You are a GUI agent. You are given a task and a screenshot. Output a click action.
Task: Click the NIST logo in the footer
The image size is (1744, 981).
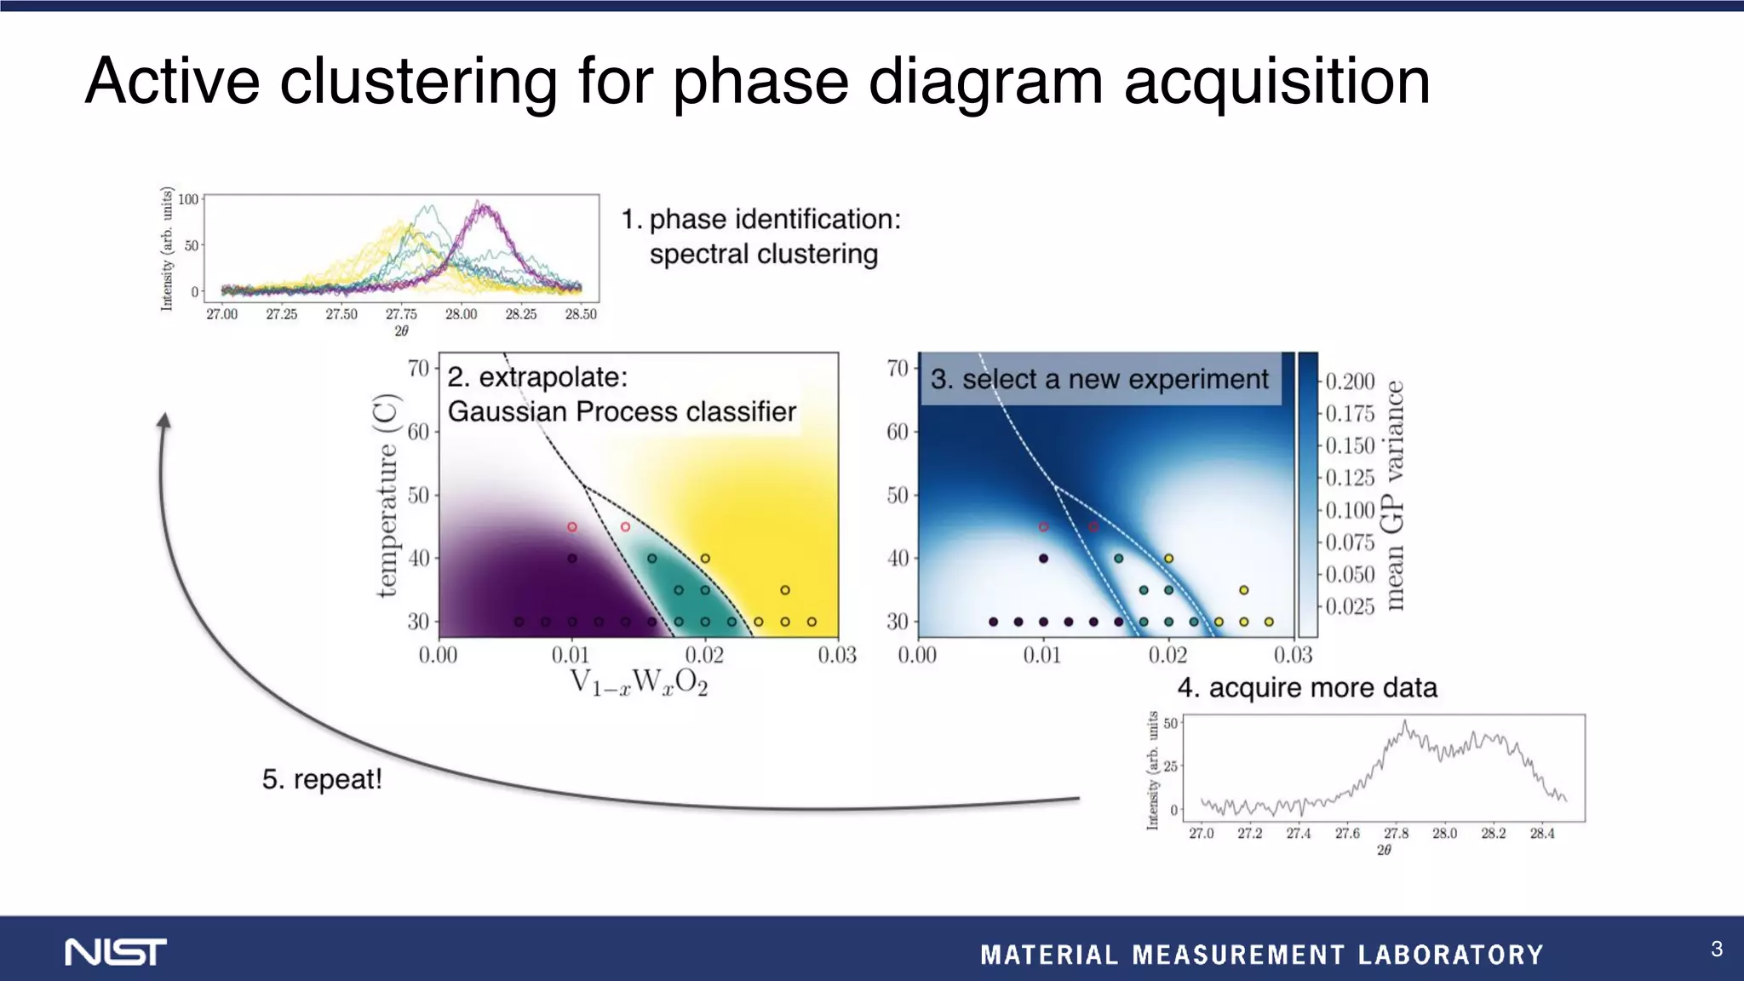pos(116,952)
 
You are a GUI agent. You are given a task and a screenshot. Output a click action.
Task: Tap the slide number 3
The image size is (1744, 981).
pos(1717,949)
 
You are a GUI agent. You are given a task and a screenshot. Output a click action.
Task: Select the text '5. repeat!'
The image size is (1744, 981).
pos(322,779)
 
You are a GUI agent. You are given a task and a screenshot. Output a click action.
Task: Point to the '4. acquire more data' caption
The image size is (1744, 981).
pos(1306,687)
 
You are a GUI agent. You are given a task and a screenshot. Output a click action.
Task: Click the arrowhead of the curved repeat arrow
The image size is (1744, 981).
pos(163,421)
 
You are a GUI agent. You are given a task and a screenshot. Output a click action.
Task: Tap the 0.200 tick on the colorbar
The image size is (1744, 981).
pos(1350,381)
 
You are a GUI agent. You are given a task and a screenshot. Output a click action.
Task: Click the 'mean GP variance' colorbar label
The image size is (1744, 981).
pos(1393,495)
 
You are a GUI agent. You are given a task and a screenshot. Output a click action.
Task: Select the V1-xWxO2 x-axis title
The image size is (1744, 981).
pos(639,682)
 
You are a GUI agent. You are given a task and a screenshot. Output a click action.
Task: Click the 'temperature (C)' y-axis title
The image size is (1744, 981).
pos(387,495)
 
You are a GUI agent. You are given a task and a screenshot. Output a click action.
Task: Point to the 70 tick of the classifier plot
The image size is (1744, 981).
pos(418,369)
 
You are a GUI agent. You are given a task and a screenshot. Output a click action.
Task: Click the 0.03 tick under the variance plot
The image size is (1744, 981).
pos(1293,655)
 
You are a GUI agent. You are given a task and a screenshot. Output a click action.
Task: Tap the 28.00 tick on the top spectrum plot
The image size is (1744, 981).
pos(461,314)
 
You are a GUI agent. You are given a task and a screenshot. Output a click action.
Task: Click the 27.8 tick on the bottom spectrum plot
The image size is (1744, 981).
pos(1396,834)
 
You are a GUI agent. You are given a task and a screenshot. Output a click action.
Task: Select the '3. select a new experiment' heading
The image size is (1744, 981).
pos(1099,379)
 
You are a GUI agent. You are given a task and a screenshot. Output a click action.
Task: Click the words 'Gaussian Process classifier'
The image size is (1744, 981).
pos(622,412)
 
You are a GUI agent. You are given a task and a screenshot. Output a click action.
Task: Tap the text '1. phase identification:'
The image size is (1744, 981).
pos(760,220)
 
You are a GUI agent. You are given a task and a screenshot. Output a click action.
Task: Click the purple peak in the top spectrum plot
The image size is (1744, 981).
pos(483,209)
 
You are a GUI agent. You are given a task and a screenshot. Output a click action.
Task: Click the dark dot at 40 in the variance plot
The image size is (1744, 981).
pos(1043,559)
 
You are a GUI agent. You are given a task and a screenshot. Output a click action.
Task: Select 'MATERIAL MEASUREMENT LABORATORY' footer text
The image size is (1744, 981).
pos(1261,955)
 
